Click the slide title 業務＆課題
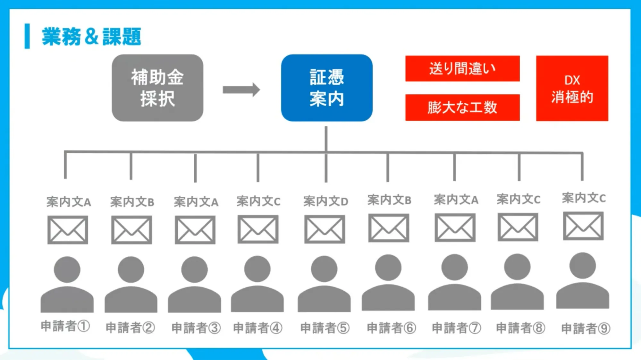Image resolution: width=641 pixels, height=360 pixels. tap(91, 37)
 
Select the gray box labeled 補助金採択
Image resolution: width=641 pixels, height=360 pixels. tap(157, 88)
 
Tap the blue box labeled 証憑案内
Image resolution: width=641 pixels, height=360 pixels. tap(326, 88)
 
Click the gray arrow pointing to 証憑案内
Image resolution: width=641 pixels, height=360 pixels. tap(241, 90)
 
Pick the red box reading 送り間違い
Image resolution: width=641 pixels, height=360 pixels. tap(462, 68)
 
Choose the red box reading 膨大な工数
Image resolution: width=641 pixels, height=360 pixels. tap(462, 107)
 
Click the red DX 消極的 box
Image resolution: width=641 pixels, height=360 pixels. tap(572, 88)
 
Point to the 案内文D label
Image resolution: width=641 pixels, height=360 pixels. tap(325, 201)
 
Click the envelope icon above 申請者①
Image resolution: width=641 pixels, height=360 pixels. tap(68, 230)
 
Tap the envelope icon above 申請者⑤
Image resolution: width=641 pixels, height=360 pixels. tap(325, 229)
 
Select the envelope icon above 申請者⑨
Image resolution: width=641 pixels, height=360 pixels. tap(583, 226)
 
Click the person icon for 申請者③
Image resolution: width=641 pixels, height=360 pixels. tap(194, 284)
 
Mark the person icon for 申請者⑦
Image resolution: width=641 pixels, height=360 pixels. tap(454, 282)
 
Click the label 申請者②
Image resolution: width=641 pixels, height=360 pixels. tap(130, 328)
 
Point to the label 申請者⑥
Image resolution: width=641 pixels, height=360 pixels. tap(391, 328)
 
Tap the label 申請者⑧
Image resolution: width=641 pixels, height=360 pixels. tap(520, 328)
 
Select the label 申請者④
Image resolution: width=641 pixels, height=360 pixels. tap(257, 328)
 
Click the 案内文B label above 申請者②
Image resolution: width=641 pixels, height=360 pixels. tap(132, 202)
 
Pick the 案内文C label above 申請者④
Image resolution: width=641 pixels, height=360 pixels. tap(258, 201)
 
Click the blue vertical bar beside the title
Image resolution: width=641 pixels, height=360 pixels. tap(27, 36)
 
